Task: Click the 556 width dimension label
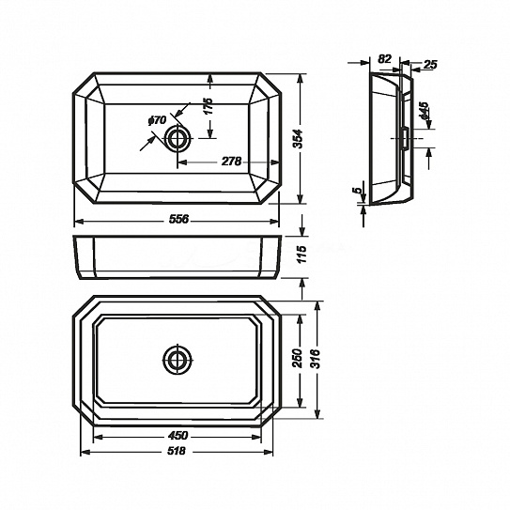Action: click(178, 219)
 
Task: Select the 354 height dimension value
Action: click(299, 139)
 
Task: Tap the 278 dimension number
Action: click(231, 161)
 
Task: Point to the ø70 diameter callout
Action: click(157, 120)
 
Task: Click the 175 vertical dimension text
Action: click(209, 106)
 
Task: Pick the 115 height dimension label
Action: click(301, 255)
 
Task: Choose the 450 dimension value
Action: click(178, 435)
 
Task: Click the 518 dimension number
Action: click(177, 451)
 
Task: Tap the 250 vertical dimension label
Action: click(298, 358)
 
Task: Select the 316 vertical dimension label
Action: click(316, 359)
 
